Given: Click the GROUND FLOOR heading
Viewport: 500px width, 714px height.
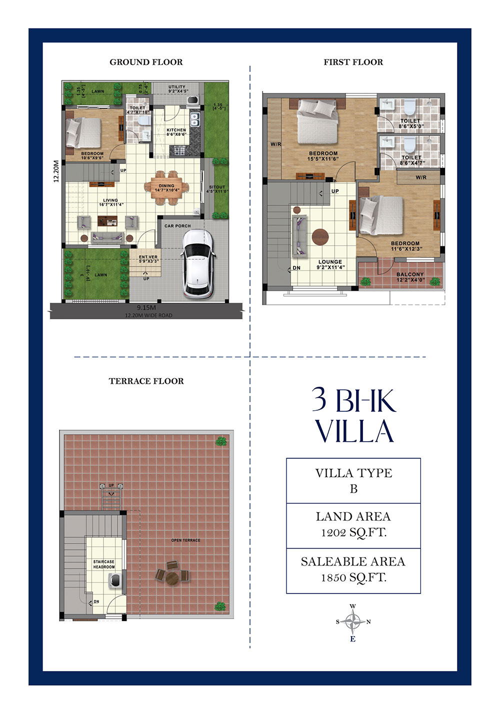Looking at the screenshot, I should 146,62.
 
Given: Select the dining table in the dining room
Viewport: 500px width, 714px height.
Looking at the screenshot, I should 167,188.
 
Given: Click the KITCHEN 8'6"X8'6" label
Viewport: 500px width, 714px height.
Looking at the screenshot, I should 176,132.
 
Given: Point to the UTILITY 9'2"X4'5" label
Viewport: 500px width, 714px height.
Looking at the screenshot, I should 177,89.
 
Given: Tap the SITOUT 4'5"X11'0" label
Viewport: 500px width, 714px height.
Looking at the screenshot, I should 217,189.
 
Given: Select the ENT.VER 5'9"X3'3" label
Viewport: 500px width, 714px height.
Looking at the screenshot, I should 148,259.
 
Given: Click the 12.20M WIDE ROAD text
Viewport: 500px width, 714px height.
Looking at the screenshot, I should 148,315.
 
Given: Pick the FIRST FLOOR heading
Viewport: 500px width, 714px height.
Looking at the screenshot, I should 353,62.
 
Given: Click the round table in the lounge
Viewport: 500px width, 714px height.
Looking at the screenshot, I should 320,236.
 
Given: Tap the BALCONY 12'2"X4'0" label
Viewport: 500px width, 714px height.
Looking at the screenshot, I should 410,277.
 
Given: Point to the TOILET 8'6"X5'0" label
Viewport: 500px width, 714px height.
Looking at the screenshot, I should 410,123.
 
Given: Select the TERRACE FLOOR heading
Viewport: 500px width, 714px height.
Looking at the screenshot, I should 146,381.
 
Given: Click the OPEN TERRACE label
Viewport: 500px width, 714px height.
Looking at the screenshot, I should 185,540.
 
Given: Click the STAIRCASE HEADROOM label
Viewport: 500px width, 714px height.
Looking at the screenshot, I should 103,564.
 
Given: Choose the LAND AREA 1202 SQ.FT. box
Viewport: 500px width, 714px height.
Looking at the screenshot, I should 353,525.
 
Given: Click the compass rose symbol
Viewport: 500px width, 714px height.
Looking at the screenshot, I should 353,622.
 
